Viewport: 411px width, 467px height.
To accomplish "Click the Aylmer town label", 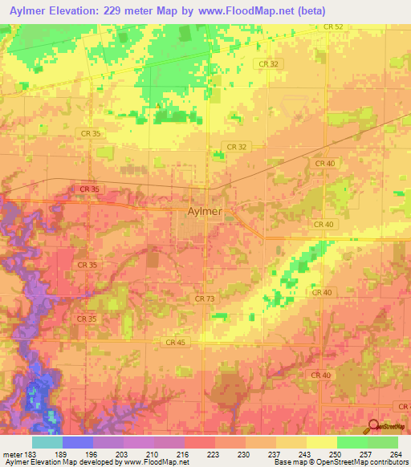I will pos(204,213).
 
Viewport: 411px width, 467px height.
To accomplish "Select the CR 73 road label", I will pos(205,298).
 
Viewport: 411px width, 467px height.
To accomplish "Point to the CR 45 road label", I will pos(177,343).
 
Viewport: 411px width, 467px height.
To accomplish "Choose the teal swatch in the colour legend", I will pos(47,442).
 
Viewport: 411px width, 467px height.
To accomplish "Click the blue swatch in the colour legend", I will pos(78,442).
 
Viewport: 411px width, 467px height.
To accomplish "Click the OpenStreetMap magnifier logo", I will pos(373,428).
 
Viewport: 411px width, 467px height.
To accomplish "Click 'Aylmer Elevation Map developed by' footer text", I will pos(55,462).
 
